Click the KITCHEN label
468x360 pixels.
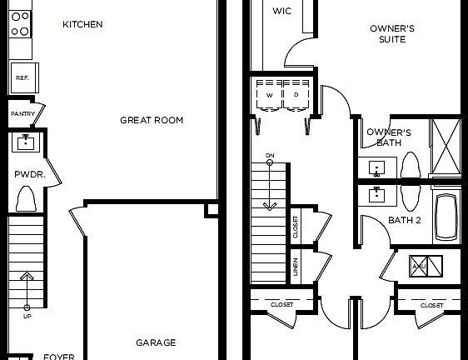(x=82, y=24)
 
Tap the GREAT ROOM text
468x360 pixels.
(x=152, y=120)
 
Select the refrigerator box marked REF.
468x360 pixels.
(x=22, y=78)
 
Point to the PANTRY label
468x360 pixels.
(x=21, y=113)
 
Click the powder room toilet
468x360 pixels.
(x=26, y=199)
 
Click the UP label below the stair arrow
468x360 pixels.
(x=27, y=317)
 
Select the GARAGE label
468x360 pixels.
(x=156, y=342)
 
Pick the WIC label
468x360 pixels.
(x=282, y=11)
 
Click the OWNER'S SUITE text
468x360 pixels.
(x=392, y=33)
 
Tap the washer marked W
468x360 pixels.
(x=270, y=95)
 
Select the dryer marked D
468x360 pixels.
(x=296, y=95)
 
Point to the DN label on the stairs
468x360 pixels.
(x=270, y=156)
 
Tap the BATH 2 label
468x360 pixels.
(x=406, y=221)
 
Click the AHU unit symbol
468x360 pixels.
(x=420, y=266)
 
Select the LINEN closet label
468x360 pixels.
(x=296, y=267)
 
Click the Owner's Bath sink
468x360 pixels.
(x=378, y=169)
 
